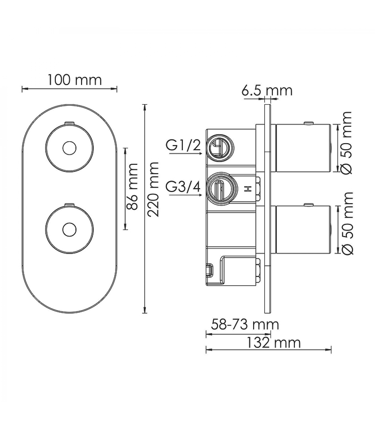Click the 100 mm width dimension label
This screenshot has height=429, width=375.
pyautogui.click(x=75, y=80)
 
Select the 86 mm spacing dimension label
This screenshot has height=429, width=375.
pyautogui.click(x=132, y=186)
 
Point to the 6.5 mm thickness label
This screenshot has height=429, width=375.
pyautogui.click(x=267, y=90)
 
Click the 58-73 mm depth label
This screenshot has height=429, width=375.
pyautogui.click(x=245, y=325)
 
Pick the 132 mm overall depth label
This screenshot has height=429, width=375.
pyautogui.click(x=273, y=343)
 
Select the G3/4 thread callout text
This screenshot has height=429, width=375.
pyautogui.click(x=183, y=187)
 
